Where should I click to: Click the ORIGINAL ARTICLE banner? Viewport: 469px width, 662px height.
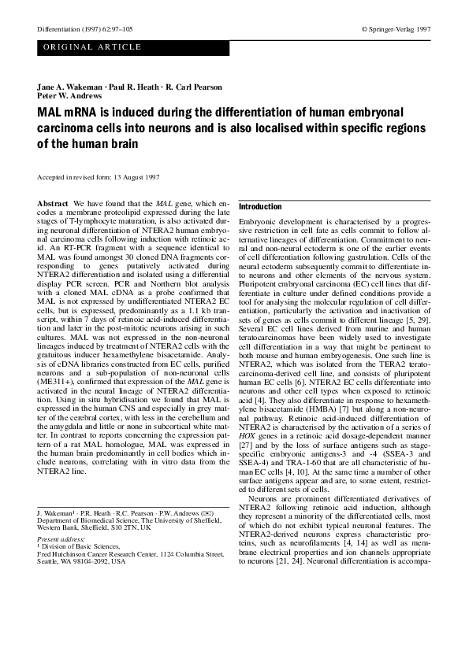pos(91,47)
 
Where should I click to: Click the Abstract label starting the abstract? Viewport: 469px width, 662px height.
pos(52,204)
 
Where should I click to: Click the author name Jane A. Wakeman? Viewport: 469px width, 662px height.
pos(66,87)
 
